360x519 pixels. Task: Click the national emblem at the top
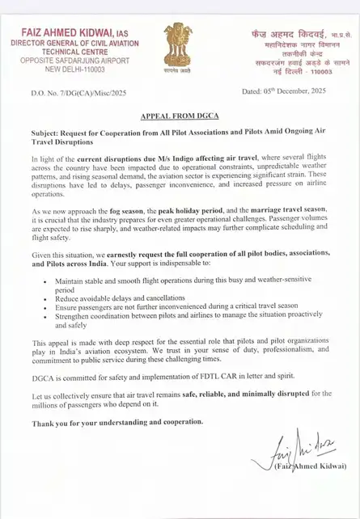pos(178,47)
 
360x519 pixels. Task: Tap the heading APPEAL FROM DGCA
pos(180,116)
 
